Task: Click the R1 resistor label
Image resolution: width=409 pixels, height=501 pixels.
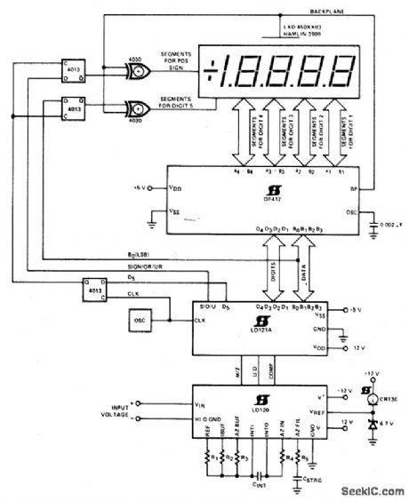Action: pyautogui.click(x=210, y=461)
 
